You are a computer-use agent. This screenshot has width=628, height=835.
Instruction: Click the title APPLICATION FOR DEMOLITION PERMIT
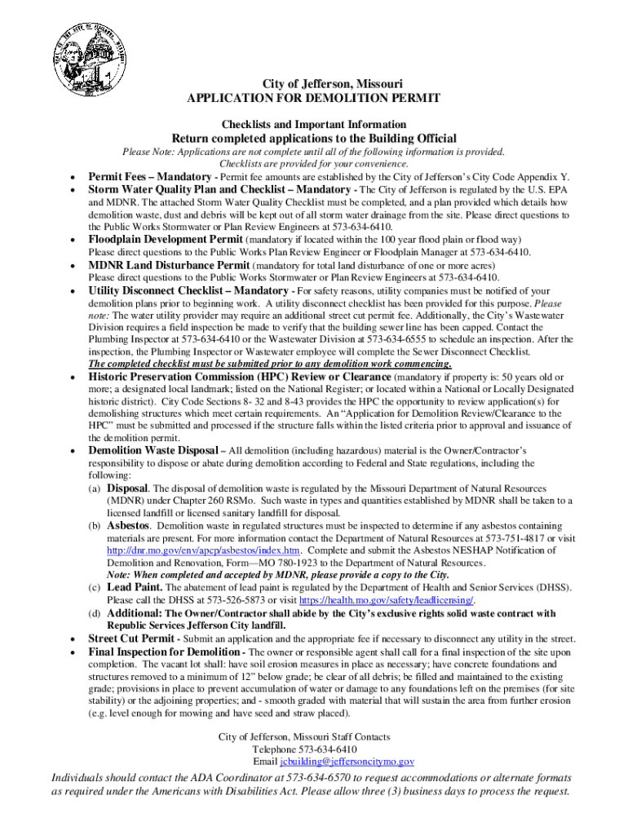314,99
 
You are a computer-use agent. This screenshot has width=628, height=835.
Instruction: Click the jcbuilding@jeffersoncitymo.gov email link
347,762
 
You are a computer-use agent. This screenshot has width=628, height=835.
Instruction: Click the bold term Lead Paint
135,588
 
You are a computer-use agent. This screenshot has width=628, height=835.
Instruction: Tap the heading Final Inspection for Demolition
163,652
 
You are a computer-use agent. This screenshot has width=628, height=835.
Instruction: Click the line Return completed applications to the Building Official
313,139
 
